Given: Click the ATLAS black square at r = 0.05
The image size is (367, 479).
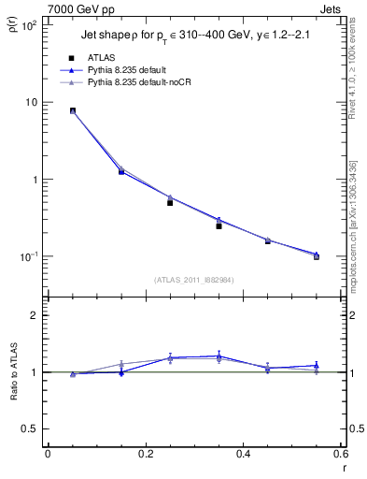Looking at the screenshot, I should click(x=73, y=110).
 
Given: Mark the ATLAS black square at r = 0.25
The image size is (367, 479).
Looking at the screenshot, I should click(x=170, y=202).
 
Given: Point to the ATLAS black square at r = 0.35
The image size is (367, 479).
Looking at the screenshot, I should click(x=219, y=225).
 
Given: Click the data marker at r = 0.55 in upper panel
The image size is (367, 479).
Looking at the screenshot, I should click(x=316, y=255).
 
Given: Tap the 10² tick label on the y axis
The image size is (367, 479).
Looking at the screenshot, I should click(x=29, y=25).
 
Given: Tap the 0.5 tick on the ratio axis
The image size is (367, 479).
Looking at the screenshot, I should click(x=32, y=428).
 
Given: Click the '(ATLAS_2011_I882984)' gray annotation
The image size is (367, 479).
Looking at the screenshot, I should click(x=194, y=280).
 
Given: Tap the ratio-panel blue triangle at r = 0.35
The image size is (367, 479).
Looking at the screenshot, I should click(x=219, y=356).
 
